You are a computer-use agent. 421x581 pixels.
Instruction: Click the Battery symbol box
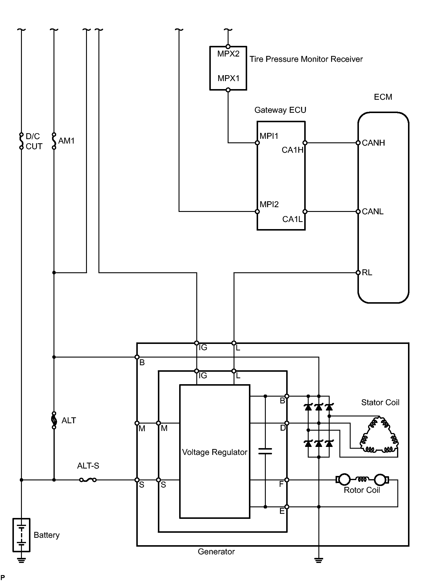(x=21, y=535)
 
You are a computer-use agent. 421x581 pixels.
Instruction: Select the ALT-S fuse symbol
(x=88, y=480)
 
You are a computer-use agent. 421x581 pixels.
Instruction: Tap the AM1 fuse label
(x=67, y=141)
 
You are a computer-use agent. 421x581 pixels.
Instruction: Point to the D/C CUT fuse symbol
(x=21, y=141)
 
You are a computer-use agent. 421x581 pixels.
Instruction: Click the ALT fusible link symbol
(x=54, y=420)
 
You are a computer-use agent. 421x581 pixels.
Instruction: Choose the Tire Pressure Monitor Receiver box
(x=228, y=68)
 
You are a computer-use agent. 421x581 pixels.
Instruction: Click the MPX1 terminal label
(x=228, y=78)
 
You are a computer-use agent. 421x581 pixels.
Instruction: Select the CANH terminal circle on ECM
(x=358, y=143)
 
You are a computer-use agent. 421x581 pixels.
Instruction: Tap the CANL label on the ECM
(x=373, y=212)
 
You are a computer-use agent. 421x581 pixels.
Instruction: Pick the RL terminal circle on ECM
(x=358, y=273)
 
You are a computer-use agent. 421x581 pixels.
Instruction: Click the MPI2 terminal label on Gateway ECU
(x=269, y=205)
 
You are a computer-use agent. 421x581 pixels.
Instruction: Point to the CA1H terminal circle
(x=305, y=143)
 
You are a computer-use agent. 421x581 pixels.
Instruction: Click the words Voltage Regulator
(x=215, y=452)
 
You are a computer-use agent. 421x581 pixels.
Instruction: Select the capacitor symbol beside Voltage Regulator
(x=265, y=451)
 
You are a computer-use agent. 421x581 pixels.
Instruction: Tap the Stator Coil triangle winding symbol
(x=379, y=434)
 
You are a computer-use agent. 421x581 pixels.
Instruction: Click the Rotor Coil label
(x=362, y=490)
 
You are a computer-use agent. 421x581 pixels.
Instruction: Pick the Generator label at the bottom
(x=216, y=552)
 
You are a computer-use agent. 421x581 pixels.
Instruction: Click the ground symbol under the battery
(x=21, y=560)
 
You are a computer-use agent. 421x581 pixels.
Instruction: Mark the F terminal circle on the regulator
(x=287, y=480)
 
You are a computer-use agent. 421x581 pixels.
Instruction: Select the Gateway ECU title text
(x=280, y=110)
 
